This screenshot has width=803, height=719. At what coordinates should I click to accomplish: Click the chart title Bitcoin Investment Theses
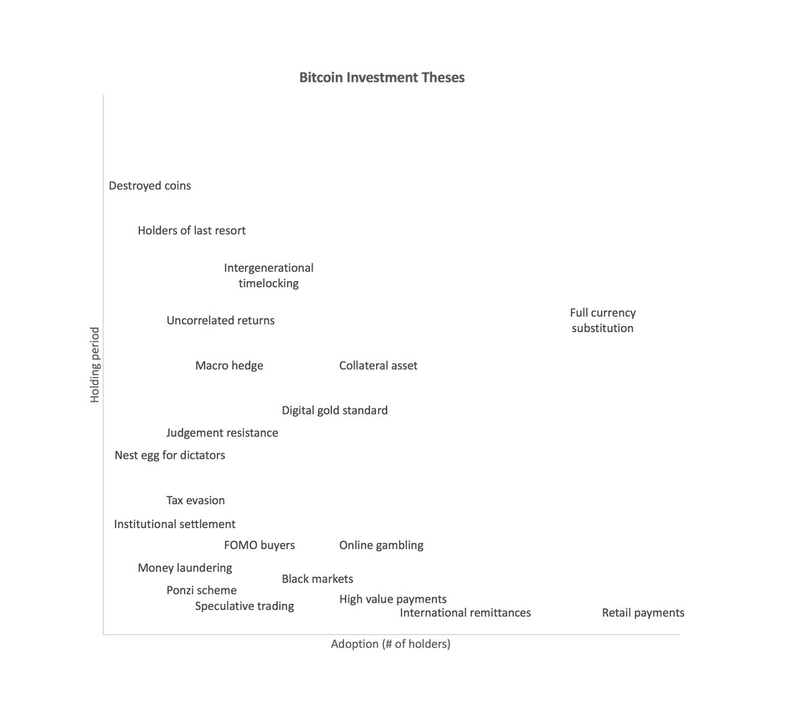tap(381, 77)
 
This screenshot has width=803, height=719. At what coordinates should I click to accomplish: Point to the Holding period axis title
tap(95, 365)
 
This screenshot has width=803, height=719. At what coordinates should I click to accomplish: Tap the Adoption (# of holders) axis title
tap(390, 644)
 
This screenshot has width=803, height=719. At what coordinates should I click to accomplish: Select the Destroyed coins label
tap(150, 185)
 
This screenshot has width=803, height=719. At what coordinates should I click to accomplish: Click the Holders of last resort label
tap(191, 230)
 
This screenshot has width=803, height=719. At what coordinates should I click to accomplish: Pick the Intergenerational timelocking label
tap(268, 275)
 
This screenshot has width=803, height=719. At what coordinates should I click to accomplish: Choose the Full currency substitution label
tap(602, 320)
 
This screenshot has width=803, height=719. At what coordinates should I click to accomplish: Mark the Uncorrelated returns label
tap(220, 320)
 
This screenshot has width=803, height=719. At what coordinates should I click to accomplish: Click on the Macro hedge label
tap(229, 366)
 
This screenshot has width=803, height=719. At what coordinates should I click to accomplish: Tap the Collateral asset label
tap(378, 366)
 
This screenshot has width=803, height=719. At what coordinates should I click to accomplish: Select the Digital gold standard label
tap(335, 410)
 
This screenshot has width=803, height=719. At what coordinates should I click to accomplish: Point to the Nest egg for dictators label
tap(170, 455)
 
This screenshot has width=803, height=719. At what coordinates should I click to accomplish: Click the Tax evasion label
tap(195, 500)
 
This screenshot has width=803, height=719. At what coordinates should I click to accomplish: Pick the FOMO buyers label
tap(259, 545)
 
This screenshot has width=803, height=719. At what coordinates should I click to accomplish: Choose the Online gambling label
tap(381, 545)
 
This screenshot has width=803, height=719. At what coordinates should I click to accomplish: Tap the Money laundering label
tap(185, 568)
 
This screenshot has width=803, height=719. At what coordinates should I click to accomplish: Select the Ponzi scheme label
tap(201, 590)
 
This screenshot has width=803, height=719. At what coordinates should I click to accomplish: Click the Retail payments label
tap(643, 613)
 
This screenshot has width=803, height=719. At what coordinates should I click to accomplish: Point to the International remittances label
tap(465, 613)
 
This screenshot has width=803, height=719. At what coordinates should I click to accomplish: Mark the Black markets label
tap(317, 579)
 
